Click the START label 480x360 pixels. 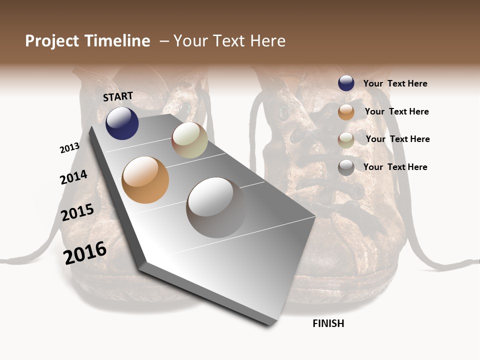(118, 96)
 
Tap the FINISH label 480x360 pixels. (328, 323)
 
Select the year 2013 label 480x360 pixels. (69, 148)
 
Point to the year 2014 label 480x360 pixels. (73, 177)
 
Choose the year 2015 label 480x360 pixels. (77, 212)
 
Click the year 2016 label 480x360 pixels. (85, 253)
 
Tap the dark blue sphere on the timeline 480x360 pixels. (122, 123)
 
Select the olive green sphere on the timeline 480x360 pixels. (189, 140)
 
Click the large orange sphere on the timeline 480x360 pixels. (145, 180)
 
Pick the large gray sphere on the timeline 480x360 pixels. (216, 207)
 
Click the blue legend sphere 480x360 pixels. (346, 83)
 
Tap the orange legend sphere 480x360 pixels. (346, 112)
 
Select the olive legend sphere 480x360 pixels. (346, 139)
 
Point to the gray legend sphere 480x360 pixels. (346, 167)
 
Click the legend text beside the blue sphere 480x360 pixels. (395, 83)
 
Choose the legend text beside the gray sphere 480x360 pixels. (395, 167)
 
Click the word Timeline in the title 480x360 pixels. (116, 41)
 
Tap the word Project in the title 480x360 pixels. (52, 41)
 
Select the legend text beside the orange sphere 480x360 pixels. (396, 111)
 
